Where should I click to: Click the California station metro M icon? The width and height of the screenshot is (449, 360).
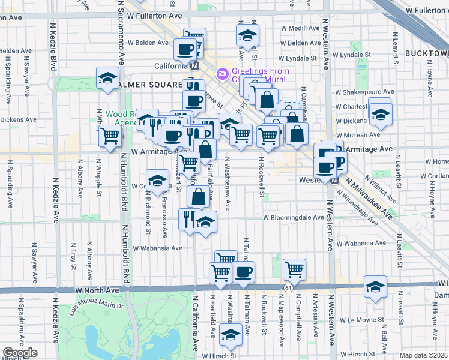coord(194,66)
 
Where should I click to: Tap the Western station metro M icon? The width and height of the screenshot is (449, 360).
coord(334,180)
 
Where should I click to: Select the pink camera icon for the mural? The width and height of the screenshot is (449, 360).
coord(222,73)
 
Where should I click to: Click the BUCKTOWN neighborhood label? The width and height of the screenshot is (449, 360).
coord(427,53)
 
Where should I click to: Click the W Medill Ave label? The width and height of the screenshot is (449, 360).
coord(300,28)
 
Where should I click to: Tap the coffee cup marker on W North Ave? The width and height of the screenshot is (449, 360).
coord(243,273)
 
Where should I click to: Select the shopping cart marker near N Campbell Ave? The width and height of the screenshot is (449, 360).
coord(294,271)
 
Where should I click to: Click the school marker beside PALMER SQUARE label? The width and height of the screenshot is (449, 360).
coord(108,79)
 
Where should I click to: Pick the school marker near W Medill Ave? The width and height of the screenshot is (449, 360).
coord(247,36)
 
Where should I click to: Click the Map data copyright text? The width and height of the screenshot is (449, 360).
coord(423,355)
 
